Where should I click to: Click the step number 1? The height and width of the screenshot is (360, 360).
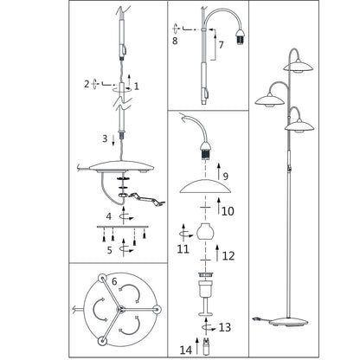pos(137,86)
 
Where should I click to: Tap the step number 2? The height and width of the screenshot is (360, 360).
pos(87,84)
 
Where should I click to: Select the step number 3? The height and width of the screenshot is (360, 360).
pos(105,138)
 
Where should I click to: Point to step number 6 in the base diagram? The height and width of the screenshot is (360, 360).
pos(114,281)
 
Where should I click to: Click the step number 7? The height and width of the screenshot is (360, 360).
pos(222,45)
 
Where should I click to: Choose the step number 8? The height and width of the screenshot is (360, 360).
pos(175,41)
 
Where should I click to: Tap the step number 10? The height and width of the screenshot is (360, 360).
pos(228,211)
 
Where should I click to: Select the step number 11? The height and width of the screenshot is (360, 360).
pos(183,249)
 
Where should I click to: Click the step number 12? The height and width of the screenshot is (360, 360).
pos(228,256)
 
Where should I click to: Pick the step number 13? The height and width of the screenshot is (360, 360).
pos(225,327)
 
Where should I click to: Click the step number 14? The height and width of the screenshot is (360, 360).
pos(186,350)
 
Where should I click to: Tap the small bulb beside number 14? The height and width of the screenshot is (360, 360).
pos(206,347)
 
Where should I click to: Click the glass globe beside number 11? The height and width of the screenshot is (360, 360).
pos(205,232)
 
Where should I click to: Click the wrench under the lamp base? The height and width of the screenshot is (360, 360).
pos(147,199)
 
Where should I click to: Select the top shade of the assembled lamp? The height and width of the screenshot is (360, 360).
pos(298,67)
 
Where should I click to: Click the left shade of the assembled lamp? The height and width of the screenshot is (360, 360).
pos(270,100)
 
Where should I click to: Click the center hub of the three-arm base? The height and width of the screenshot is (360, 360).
pos(119,310)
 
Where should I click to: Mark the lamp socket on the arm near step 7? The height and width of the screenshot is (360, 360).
pos(240,37)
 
